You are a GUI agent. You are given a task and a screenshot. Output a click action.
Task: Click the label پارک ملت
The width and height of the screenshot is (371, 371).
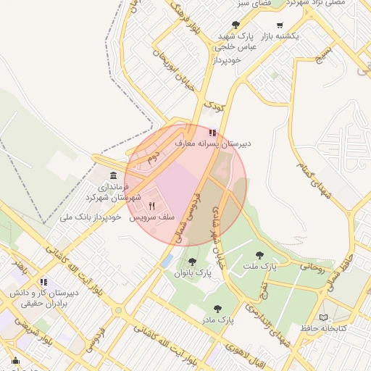259,267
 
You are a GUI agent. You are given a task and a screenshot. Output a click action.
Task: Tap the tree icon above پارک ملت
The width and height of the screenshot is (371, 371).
259,255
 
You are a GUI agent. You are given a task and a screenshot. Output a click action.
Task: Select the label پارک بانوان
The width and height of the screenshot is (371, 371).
193,274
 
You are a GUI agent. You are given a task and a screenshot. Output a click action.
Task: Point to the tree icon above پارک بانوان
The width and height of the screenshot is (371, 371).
192,262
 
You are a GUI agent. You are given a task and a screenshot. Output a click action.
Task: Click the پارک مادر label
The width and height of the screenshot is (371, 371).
220,319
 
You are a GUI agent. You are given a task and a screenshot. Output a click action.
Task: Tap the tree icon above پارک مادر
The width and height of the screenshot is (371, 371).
220,307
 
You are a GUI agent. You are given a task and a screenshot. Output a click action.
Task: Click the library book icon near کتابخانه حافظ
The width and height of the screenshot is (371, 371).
323,317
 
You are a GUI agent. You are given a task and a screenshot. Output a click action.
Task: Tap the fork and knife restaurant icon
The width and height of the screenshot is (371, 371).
151,206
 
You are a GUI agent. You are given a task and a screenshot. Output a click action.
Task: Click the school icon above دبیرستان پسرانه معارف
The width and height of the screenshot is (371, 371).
212,133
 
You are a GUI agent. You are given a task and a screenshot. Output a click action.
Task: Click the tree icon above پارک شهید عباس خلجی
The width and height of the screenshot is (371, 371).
236,25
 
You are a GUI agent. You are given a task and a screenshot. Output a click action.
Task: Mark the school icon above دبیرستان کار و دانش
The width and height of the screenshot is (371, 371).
43,282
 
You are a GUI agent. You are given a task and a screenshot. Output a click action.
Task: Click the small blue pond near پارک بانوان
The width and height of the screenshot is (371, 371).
167,259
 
